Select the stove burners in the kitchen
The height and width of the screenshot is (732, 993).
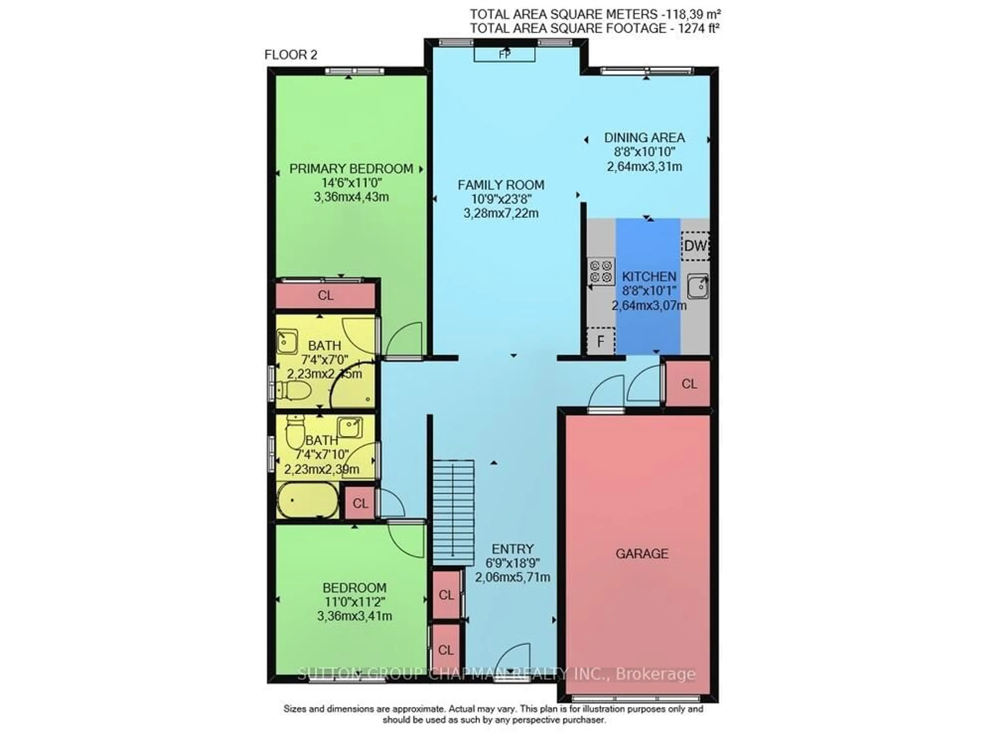[x=601, y=271]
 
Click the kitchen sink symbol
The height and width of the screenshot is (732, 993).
[x=697, y=286]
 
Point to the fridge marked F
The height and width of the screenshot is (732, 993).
[x=600, y=341]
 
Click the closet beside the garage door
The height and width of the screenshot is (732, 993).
[x=689, y=384]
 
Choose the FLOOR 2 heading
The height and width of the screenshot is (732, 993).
[x=291, y=55]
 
